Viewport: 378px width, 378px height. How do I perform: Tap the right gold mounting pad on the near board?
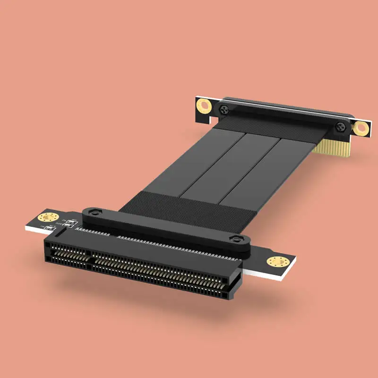point(275,261)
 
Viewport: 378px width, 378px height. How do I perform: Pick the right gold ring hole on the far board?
point(361,127)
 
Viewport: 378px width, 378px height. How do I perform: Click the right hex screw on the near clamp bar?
point(235,240)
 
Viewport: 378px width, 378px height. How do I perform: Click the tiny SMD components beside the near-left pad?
point(66,223)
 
